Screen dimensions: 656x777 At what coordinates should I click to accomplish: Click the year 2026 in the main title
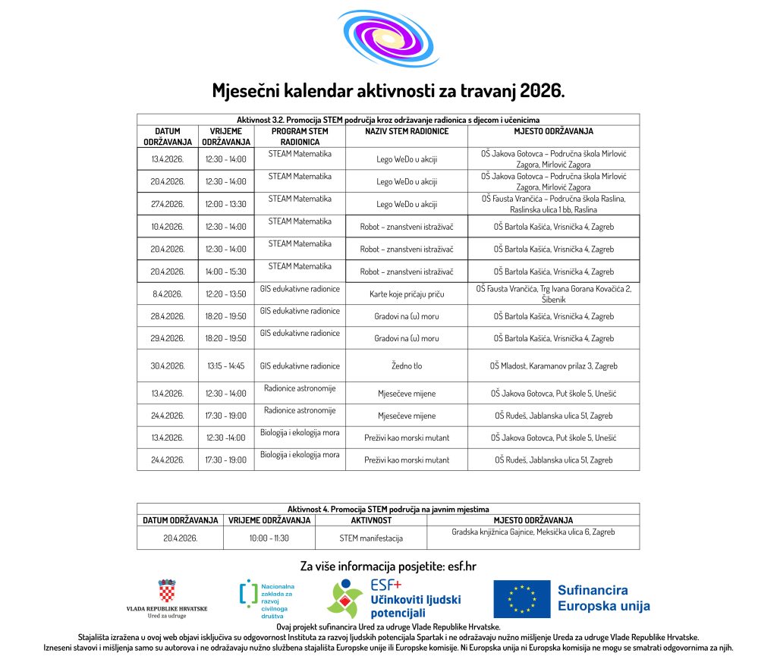tap(540, 92)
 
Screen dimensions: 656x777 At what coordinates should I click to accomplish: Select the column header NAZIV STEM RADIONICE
tap(406, 131)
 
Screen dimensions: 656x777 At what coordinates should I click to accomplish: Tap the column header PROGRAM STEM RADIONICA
tap(300, 137)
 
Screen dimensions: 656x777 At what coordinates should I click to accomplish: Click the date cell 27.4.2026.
tap(168, 204)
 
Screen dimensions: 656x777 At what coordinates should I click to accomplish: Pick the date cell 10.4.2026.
tap(168, 227)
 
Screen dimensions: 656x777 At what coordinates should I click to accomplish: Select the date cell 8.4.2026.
tap(168, 293)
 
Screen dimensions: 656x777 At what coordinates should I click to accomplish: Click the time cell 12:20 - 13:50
tap(226, 293)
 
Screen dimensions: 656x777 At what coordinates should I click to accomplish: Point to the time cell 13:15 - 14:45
tap(226, 366)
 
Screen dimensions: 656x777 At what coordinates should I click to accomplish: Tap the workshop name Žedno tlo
tap(407, 366)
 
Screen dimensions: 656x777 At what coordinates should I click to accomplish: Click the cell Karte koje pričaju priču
tap(407, 293)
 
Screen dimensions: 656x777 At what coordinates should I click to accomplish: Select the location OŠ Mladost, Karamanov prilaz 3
tap(553, 366)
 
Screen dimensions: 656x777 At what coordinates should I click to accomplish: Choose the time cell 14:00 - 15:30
tap(226, 272)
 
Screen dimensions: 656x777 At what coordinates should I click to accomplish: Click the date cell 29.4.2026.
tap(168, 338)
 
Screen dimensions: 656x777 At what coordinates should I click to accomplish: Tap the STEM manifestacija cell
tap(371, 538)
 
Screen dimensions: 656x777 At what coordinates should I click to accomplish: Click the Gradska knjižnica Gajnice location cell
tap(533, 532)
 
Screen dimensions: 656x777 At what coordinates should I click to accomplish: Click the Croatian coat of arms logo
tap(166, 591)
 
